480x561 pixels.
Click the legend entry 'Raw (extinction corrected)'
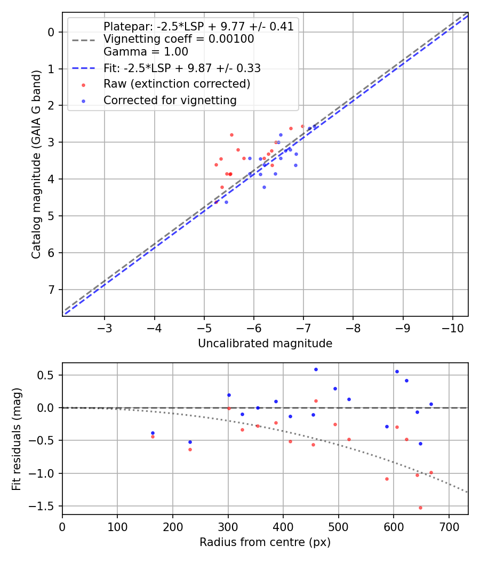(x=177, y=84)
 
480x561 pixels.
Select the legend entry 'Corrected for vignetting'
(x=170, y=100)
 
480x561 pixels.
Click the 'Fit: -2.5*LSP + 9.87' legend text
(x=181, y=68)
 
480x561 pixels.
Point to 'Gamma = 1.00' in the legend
(x=146, y=52)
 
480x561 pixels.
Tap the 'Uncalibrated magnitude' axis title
(x=265, y=344)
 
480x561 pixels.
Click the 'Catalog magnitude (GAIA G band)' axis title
(x=36, y=163)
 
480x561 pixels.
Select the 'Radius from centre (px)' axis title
(x=265, y=542)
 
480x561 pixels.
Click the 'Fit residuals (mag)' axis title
(x=17, y=439)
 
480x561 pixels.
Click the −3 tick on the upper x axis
(x=105, y=327)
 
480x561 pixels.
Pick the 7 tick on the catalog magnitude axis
(x=51, y=290)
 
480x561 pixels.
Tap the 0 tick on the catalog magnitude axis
(x=51, y=32)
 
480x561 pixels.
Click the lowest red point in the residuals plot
(x=420, y=508)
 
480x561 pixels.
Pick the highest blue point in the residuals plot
(x=316, y=369)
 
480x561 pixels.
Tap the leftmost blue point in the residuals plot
(x=153, y=433)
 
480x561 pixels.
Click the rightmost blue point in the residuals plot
(x=431, y=404)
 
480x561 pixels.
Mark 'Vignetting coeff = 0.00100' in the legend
(x=179, y=39)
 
